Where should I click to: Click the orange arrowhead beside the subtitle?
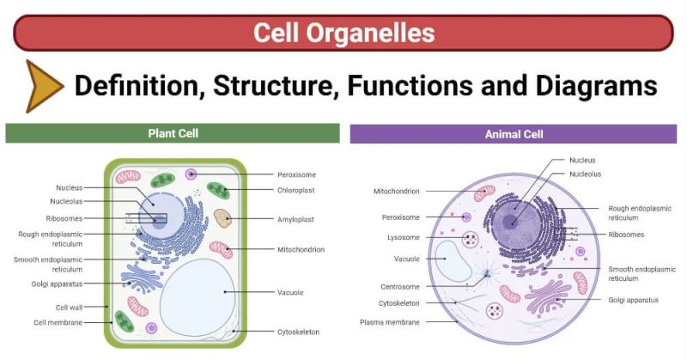(x=43, y=86)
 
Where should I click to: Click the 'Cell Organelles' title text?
(x=343, y=34)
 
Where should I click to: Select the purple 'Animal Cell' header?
(x=514, y=134)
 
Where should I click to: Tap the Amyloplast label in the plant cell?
(x=295, y=219)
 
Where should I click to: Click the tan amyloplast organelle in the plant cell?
(x=223, y=218)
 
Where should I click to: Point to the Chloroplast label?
(x=296, y=190)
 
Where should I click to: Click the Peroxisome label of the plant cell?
(x=296, y=174)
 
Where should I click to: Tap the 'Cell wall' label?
(x=69, y=307)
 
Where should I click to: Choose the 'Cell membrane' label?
(x=58, y=322)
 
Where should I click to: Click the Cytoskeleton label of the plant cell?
(x=298, y=331)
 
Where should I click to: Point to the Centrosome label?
(x=399, y=286)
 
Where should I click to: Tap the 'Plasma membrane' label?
(x=390, y=322)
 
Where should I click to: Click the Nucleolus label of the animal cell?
(x=585, y=174)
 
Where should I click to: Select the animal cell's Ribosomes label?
(x=626, y=234)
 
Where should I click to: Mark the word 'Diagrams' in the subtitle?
(x=600, y=86)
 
